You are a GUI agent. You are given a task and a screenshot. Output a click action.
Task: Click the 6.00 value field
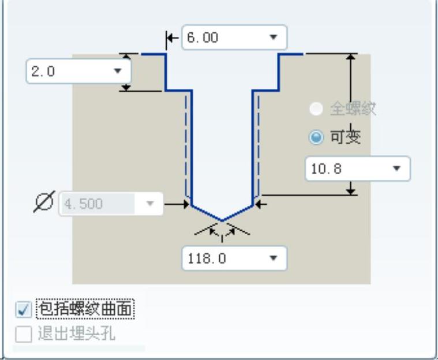[x=222, y=38]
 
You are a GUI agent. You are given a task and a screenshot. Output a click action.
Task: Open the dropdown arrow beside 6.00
[x=274, y=38]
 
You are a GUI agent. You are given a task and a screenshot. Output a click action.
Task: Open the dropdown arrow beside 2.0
[x=118, y=72]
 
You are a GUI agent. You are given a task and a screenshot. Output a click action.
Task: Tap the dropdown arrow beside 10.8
[x=396, y=169]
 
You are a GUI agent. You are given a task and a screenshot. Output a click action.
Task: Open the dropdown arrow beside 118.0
[x=274, y=259]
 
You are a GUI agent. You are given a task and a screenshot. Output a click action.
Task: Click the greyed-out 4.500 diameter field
[x=98, y=204]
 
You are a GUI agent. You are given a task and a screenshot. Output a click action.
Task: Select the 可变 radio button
[x=316, y=137]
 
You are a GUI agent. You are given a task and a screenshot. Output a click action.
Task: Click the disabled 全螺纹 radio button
[x=316, y=108]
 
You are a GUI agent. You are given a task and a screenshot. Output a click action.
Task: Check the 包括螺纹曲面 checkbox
[x=23, y=310]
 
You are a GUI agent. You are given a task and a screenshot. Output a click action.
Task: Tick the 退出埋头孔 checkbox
[x=23, y=333]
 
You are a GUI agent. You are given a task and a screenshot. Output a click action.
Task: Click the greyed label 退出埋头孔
[x=76, y=333]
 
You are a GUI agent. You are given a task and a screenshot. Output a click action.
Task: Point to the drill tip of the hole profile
[x=222, y=220]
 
